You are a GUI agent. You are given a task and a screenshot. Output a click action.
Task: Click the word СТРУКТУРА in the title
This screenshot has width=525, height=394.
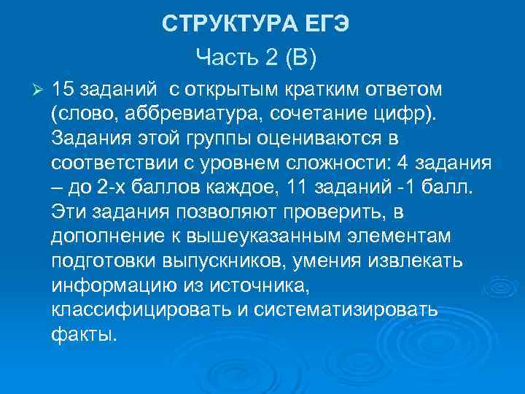coord(228,24)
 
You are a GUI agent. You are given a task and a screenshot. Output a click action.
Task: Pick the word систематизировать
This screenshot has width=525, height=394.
coord(347,309)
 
